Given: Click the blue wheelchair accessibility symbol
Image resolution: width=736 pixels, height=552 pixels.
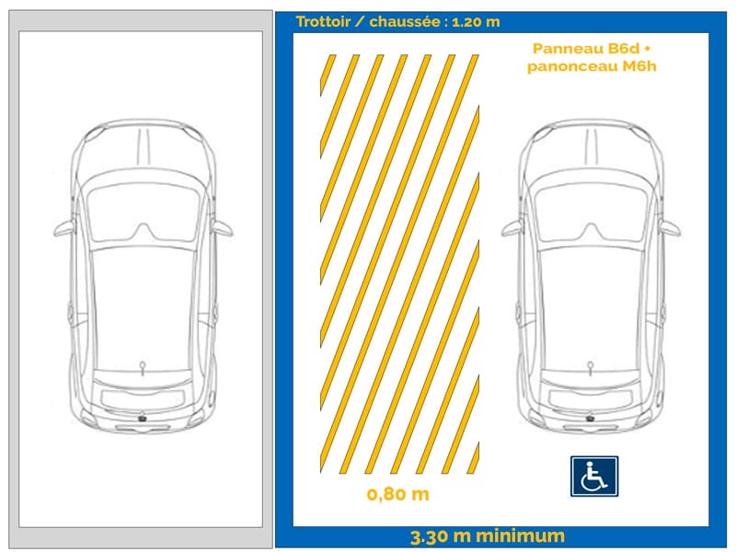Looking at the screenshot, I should click(593, 477).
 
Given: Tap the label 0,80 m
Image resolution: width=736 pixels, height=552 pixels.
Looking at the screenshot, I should click(397, 495).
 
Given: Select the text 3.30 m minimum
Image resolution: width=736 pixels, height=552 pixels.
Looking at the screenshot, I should click(488, 536).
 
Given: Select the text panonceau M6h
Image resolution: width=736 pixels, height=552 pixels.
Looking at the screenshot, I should click(592, 66).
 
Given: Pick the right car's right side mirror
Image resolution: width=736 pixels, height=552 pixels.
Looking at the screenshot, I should click(673, 228).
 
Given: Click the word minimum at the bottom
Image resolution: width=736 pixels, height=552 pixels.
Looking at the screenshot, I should click(522, 536).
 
